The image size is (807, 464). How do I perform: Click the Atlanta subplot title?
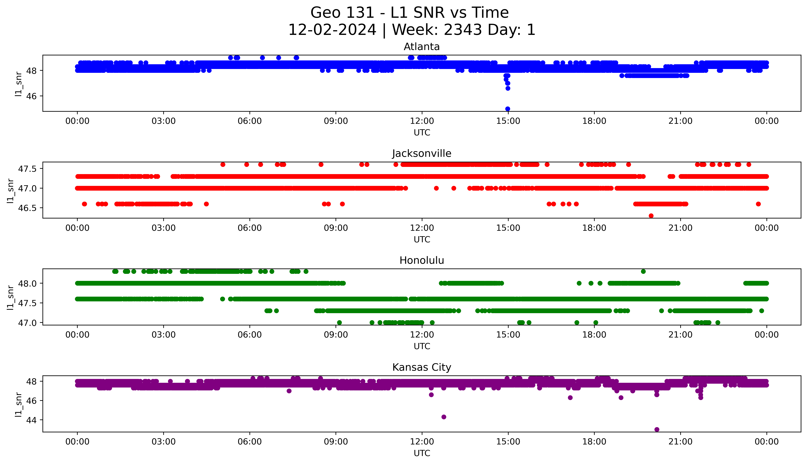[x=421, y=47]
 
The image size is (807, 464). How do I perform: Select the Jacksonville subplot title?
[x=421, y=154]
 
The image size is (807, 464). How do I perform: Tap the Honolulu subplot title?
[x=421, y=260]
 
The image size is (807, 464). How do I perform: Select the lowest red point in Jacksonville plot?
[x=651, y=216]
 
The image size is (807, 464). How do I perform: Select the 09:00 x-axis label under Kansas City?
[x=336, y=442]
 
